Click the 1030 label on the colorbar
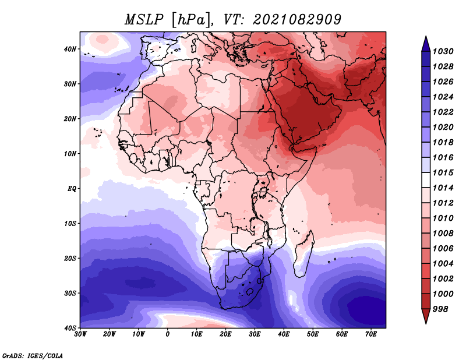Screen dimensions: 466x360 443,51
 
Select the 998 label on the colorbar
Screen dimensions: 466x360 440,309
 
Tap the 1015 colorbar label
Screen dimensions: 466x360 443,172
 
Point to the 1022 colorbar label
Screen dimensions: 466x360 443,112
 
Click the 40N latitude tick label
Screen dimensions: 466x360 70,49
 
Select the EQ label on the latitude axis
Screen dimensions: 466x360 72,189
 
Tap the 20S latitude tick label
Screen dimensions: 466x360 70,258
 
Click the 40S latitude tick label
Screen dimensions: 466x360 70,328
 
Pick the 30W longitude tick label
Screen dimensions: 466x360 80,334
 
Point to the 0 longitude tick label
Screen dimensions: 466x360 168,334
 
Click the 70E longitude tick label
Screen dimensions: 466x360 371,334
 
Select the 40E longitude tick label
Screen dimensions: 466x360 284,334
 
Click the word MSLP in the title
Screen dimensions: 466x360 144,20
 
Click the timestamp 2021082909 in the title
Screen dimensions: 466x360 297,20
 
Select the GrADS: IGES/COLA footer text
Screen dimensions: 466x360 33,355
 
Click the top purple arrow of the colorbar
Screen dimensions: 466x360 426,44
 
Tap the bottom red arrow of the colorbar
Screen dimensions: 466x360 426,316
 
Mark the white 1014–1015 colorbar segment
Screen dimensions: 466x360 426,180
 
